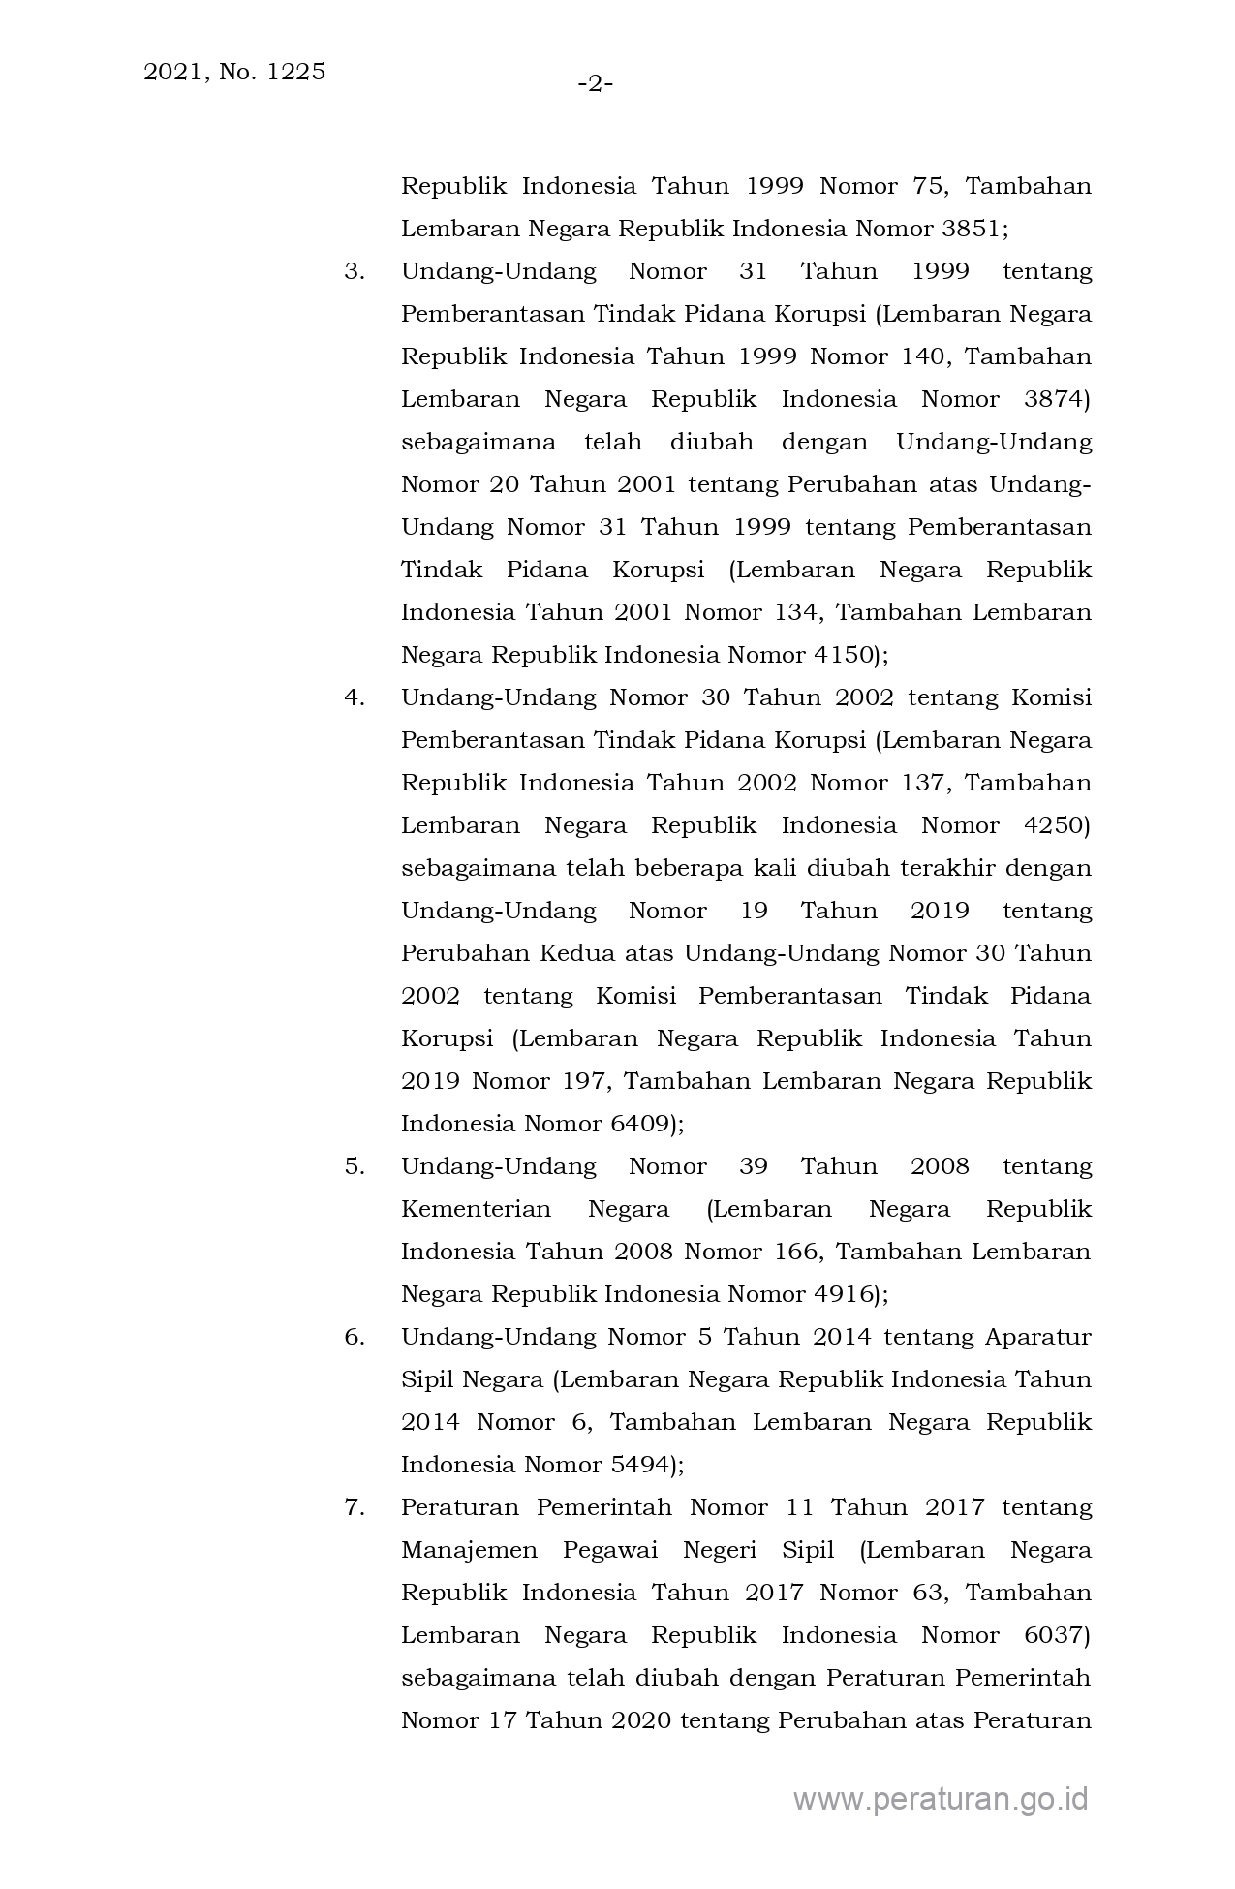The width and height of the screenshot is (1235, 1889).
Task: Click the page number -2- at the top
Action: point(596,85)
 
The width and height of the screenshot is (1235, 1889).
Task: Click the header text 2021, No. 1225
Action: point(234,72)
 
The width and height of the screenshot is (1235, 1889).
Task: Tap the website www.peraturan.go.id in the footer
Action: point(941,1799)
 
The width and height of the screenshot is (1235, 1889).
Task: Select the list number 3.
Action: point(355,271)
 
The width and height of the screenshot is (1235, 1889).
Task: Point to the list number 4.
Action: point(355,697)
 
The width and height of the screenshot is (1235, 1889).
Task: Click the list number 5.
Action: point(355,1166)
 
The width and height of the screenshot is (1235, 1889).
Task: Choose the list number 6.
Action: point(355,1337)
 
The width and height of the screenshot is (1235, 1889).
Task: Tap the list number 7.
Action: point(355,1507)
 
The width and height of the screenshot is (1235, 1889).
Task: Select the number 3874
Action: point(1057,399)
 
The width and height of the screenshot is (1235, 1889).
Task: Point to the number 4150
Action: point(843,655)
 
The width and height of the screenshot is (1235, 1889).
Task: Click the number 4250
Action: point(1057,825)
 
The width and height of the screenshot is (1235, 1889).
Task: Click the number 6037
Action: point(1057,1635)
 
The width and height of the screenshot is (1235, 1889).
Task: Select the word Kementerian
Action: point(476,1209)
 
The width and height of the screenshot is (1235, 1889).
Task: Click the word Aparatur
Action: point(1037,1337)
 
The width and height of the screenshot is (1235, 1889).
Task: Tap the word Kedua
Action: point(575,953)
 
